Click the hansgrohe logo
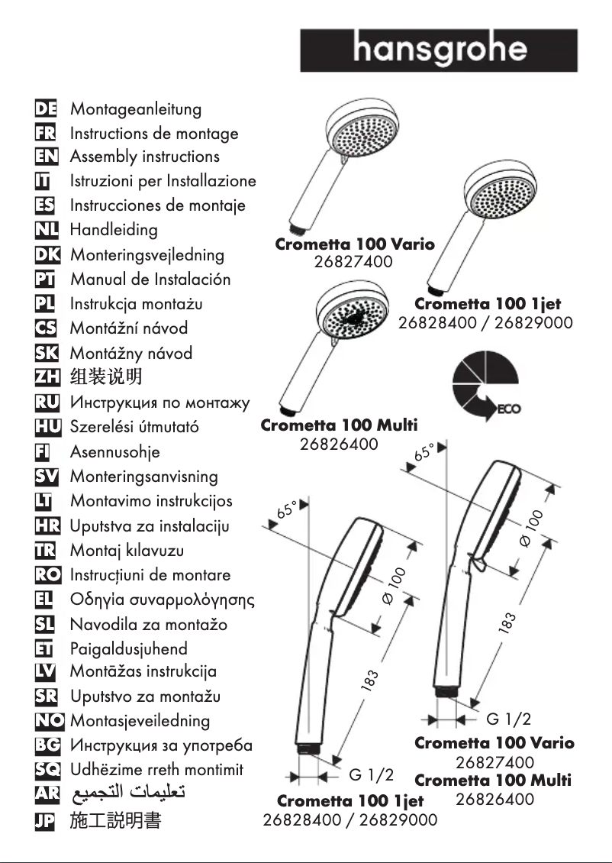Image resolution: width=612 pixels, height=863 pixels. (x=439, y=50)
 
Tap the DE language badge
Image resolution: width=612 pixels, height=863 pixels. (x=51, y=109)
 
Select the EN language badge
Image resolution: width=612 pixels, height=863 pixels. (x=51, y=157)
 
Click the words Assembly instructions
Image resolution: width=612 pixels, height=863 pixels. (x=144, y=157)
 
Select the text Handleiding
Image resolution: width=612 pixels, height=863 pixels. (x=114, y=230)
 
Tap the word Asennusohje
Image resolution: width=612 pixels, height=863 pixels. (x=115, y=452)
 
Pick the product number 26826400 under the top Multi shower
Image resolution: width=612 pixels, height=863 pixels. (x=338, y=444)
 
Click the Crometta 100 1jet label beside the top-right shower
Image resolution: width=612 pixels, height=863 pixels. (x=487, y=305)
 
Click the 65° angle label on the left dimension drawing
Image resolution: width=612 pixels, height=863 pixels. (x=289, y=509)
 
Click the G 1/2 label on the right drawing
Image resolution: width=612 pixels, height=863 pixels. (x=508, y=719)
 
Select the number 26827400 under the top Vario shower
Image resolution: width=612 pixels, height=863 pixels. (x=353, y=263)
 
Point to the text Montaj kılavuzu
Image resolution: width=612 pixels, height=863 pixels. (x=127, y=551)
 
